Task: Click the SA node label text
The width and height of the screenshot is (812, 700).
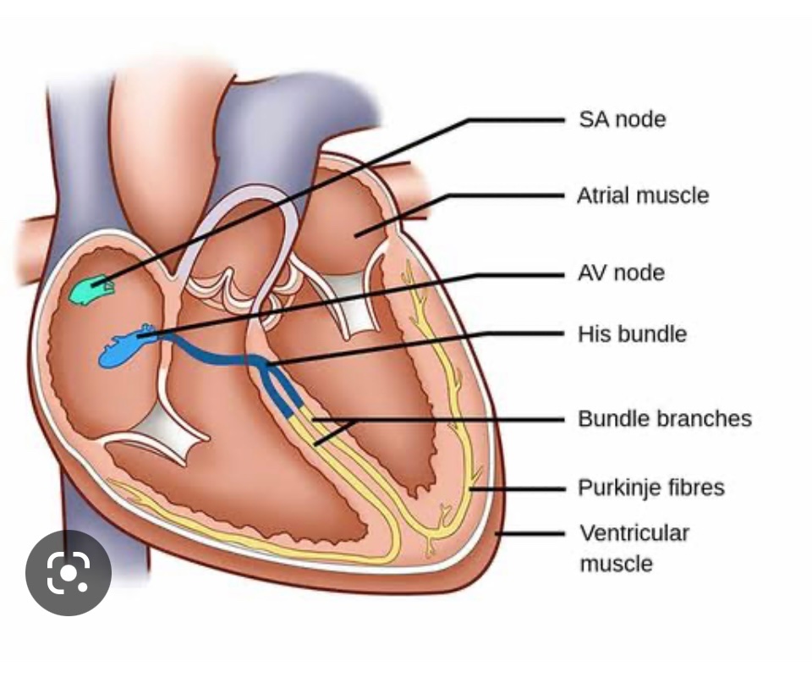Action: click(x=622, y=119)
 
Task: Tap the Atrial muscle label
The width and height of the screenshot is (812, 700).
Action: click(x=643, y=196)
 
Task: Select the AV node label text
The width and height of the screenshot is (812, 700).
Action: click(x=621, y=273)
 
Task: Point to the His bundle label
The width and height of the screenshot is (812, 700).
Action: click(x=632, y=333)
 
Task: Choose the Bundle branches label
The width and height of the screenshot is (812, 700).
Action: click(x=665, y=419)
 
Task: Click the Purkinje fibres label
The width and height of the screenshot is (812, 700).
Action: click(x=651, y=488)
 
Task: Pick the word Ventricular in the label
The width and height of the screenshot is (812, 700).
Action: click(x=634, y=533)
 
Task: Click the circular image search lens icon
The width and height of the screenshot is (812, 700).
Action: click(x=69, y=573)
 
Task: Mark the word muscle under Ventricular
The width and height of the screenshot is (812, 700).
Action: click(x=616, y=564)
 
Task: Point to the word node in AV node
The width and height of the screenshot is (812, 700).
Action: click(x=639, y=273)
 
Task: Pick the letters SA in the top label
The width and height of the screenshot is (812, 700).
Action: click(x=593, y=119)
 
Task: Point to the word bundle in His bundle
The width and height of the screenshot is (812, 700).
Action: click(x=651, y=333)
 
